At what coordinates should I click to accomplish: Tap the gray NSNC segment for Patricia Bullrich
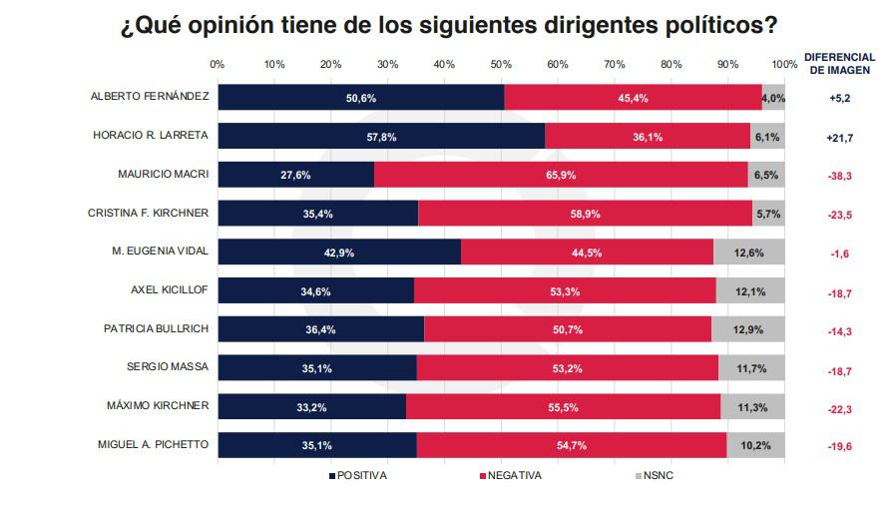point(748,329)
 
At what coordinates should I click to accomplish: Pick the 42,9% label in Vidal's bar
point(339,253)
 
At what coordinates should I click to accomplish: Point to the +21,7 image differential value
point(839,137)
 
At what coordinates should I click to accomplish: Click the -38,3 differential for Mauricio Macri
point(839,176)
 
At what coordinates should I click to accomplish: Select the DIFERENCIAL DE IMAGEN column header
point(839,64)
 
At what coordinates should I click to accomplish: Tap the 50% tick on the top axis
point(501,64)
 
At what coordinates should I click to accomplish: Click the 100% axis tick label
point(784,64)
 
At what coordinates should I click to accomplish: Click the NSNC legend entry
point(655,475)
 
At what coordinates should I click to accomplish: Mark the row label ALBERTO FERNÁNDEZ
point(150,97)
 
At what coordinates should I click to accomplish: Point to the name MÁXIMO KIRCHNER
point(158,406)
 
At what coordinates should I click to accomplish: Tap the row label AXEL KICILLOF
point(170,290)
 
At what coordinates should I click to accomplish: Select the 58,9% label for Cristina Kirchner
point(585,214)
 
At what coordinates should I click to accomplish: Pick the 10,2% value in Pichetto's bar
point(755,445)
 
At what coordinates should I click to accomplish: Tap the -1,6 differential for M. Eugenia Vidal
point(839,253)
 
